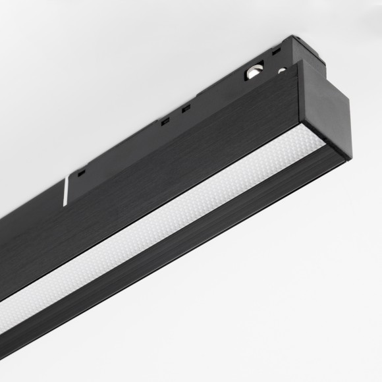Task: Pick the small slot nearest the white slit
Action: (x=80, y=173)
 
